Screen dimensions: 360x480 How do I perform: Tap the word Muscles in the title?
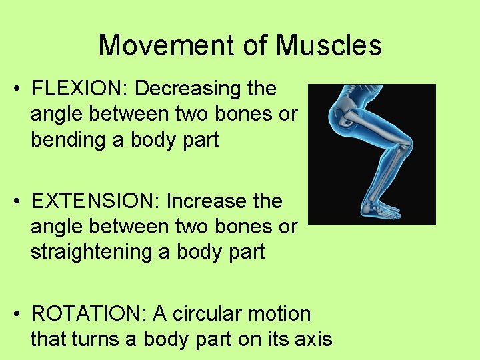pyautogui.click(x=329, y=45)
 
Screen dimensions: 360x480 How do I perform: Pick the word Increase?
pyautogui.click(x=207, y=201)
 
